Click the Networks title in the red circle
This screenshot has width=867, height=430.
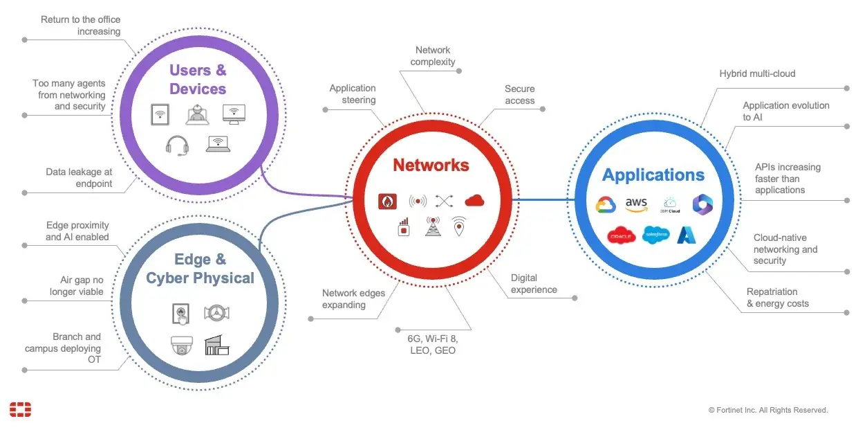pyautogui.click(x=431, y=165)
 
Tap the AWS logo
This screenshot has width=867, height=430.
pyautogui.click(x=636, y=204)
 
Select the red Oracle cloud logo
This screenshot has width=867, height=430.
pyautogui.click(x=621, y=236)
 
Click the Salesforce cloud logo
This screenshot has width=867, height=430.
pyautogui.click(x=655, y=235)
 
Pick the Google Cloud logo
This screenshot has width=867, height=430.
pyautogui.click(x=606, y=204)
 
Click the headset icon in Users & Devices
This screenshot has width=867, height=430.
pyautogui.click(x=177, y=145)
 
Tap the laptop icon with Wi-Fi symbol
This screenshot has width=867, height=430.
pyautogui.click(x=218, y=143)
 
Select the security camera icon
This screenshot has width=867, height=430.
pyautogui.click(x=182, y=346)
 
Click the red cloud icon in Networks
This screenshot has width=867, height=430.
pyautogui.click(x=474, y=201)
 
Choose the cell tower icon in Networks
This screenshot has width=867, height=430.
pyautogui.click(x=433, y=226)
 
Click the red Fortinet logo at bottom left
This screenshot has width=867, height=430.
pyautogui.click(x=21, y=409)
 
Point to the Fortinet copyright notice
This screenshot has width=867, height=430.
pyautogui.click(x=767, y=411)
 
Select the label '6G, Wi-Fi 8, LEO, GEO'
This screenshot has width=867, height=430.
pyautogui.click(x=432, y=344)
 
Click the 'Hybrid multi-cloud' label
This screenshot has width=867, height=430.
pyautogui.click(x=757, y=73)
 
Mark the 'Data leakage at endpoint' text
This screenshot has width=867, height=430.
pyautogui.click(x=79, y=177)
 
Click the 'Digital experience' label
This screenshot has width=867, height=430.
pyautogui.click(x=534, y=284)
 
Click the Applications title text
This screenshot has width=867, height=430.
pyautogui.click(x=653, y=175)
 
